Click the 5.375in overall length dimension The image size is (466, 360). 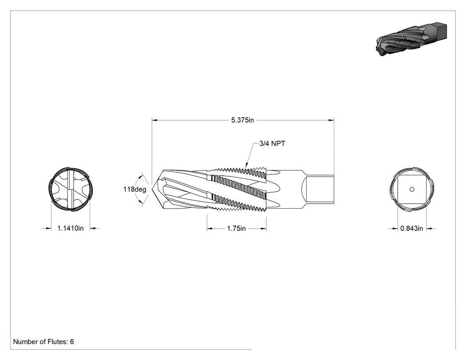coord(242,120)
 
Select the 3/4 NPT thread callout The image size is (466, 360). coord(272,143)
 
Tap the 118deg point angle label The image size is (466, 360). coord(134,190)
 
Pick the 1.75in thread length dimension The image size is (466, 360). coord(236,228)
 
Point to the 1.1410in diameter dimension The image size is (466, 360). coord(71,228)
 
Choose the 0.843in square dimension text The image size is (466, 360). coord(411,228)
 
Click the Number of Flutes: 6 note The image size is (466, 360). coord(43,342)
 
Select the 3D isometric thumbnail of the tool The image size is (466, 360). coord(411,39)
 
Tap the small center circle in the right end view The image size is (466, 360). coord(412,190)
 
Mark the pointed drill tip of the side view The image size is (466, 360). coord(152,189)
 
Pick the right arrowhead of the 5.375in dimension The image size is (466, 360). coord(331,120)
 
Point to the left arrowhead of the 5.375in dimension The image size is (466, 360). coord(155,120)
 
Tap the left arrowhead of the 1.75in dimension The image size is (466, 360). coord(210,229)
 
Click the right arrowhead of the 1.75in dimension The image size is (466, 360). coord(263,229)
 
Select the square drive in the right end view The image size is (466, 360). coord(412,190)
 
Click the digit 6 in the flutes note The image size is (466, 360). coord(72,342)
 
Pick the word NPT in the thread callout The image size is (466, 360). coord(278,143)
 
